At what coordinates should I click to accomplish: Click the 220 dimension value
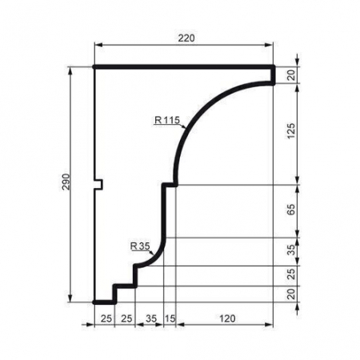pos(184,38)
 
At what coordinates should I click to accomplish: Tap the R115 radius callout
pos(168,121)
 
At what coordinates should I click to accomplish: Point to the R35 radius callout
pos(139,246)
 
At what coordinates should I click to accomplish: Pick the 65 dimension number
pos(292,211)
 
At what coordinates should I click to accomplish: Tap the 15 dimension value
pos(167,318)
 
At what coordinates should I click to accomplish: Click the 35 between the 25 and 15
pos(149,318)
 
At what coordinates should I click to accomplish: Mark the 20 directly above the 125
pos(292,74)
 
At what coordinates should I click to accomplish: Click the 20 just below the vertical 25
pos(292,294)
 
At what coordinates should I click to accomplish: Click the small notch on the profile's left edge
pos(100,184)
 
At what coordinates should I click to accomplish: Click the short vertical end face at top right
pos(274,74)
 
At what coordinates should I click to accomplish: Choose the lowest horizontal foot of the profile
pos(103,302)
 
